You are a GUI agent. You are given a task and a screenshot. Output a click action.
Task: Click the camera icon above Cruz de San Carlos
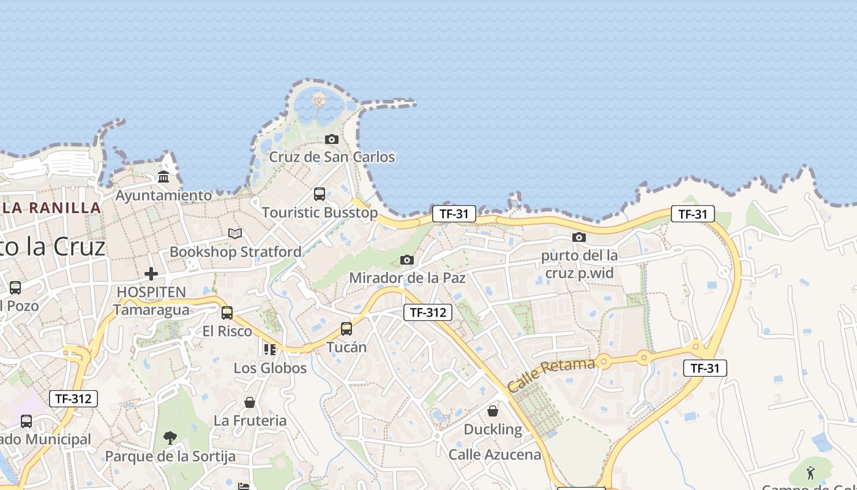click(332, 140)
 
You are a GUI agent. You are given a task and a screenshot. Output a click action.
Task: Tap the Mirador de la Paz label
click(407, 278)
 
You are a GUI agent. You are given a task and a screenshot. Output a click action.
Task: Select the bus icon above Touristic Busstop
click(320, 194)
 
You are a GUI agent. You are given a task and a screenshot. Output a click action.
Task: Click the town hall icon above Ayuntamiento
click(163, 178)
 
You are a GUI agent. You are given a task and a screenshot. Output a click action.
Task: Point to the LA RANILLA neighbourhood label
click(51, 208)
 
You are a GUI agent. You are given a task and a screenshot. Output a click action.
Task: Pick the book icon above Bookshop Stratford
click(235, 233)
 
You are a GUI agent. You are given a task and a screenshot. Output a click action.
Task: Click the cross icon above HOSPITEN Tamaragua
click(151, 274)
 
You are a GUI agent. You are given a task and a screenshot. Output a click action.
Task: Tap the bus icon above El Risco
click(227, 313)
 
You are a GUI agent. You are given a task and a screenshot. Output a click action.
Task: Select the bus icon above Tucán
click(346, 329)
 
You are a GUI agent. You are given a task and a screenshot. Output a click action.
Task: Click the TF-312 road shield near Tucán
click(428, 312)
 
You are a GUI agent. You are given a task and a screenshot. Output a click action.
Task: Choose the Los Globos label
click(270, 368)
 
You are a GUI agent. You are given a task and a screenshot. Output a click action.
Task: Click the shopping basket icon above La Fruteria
click(250, 402)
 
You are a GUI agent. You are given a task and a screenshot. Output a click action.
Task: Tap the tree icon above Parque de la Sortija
click(170, 438)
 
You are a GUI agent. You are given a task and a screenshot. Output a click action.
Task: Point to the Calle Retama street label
click(551, 375)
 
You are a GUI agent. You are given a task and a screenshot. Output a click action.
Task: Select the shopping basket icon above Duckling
click(493, 411)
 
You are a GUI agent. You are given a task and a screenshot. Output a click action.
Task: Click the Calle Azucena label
click(495, 454)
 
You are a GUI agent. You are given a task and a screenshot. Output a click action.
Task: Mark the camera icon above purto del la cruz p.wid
click(579, 237)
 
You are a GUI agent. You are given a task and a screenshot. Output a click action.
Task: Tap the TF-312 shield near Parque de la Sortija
click(73, 399)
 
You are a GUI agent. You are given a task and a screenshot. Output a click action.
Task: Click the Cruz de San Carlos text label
click(332, 157)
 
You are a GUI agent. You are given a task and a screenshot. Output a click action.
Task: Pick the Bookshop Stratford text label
click(235, 252)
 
